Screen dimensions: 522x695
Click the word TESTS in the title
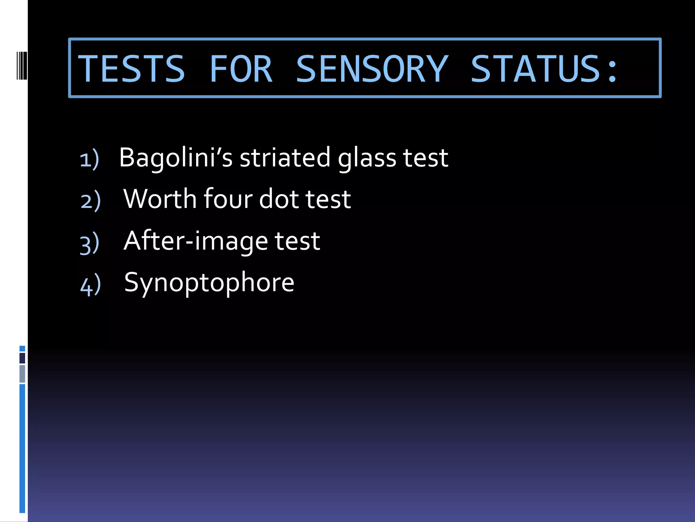132,69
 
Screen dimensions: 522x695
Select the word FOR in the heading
241,69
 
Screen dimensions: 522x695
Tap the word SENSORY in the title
372,69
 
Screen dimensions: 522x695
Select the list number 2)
91,201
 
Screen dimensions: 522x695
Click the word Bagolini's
176,158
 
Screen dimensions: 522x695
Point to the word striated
285,158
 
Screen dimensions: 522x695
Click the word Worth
160,199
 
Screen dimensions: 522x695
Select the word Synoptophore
209,283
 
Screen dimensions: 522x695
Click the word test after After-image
297,241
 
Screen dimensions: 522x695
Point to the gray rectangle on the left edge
22,374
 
